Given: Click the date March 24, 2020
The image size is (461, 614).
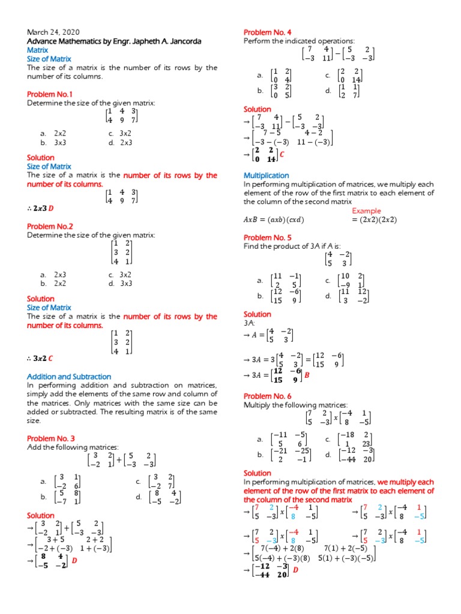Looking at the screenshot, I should [x=53, y=32].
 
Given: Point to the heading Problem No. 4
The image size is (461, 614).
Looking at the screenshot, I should [x=268, y=32].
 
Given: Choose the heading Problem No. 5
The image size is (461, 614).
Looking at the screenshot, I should [x=268, y=237].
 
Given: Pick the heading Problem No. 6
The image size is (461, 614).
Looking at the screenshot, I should [x=268, y=396].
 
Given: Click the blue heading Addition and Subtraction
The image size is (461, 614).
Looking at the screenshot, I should [x=69, y=377].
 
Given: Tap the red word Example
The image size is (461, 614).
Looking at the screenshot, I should [x=366, y=210].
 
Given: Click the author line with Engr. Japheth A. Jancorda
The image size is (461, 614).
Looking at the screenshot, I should [x=114, y=41].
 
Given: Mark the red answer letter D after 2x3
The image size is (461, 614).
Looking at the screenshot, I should [x=51, y=208].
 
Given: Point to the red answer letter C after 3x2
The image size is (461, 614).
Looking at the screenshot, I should [x=51, y=359].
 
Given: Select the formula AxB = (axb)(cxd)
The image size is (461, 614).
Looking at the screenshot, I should [x=274, y=219].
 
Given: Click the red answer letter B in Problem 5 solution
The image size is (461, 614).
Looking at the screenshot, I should [x=306, y=375].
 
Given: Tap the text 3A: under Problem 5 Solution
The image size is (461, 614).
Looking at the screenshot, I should [x=250, y=323].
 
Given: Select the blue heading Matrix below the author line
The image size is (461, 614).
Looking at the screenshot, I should [x=38, y=50].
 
